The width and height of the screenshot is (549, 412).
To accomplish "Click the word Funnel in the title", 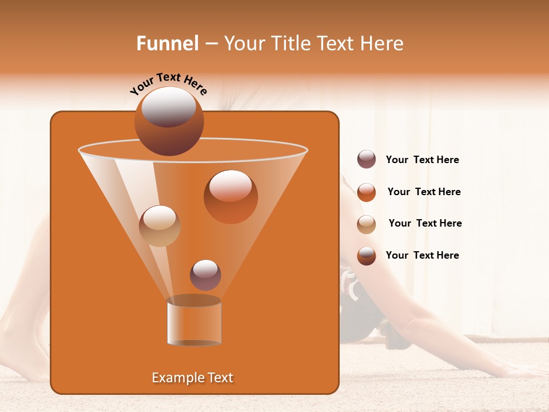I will (x=167, y=43).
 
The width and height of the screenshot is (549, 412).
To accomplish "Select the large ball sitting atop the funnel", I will (x=169, y=121).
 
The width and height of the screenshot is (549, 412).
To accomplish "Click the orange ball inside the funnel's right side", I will (x=230, y=196).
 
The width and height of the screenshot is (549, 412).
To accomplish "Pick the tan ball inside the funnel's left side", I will (x=160, y=226).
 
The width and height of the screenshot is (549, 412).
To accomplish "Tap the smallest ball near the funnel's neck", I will (x=205, y=275).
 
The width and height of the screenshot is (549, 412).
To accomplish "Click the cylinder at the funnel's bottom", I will (x=194, y=322).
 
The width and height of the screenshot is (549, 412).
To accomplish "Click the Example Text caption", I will (x=192, y=378).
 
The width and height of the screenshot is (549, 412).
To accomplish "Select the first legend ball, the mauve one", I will (x=367, y=160).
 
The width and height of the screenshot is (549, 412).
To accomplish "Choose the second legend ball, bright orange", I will (x=367, y=192).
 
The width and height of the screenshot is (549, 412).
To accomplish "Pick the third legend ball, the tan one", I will (x=367, y=224).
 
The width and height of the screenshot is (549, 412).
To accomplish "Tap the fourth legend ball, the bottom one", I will (x=367, y=256).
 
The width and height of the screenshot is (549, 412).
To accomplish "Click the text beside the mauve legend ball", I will (x=422, y=160).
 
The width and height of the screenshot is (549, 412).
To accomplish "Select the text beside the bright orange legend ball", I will (x=424, y=192).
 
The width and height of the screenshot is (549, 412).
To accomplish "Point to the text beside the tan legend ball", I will (x=425, y=224).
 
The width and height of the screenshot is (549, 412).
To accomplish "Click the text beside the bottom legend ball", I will (x=422, y=256).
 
